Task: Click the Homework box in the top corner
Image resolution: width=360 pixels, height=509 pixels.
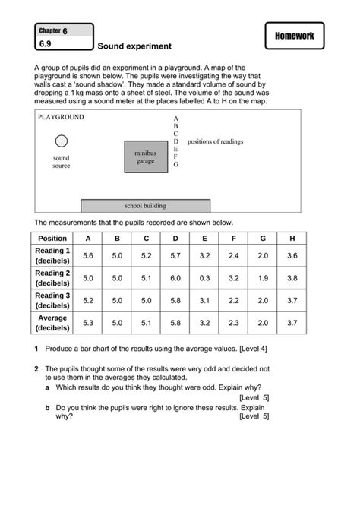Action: pyautogui.click(x=295, y=36)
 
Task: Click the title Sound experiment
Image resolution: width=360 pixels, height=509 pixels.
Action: pyautogui.click(x=134, y=46)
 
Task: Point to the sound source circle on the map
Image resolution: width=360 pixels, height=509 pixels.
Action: pyautogui.click(x=62, y=141)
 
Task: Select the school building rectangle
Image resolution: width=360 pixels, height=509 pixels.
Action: pyautogui.click(x=145, y=205)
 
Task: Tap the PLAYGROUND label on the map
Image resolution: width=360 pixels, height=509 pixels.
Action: pyautogui.click(x=62, y=117)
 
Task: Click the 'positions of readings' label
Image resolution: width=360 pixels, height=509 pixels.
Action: pyautogui.click(x=215, y=141)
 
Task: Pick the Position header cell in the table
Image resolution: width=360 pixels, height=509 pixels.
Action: pyautogui.click(x=52, y=238)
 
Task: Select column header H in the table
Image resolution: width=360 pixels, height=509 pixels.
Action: pyautogui.click(x=292, y=238)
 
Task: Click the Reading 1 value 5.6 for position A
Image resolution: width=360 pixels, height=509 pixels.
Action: pyautogui.click(x=87, y=255)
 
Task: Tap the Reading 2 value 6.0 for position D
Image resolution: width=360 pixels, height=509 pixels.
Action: pyautogui.click(x=175, y=278)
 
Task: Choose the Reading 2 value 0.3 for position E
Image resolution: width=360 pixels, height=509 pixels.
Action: pyautogui.click(x=204, y=278)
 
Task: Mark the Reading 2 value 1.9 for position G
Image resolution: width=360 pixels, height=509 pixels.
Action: pyautogui.click(x=263, y=278)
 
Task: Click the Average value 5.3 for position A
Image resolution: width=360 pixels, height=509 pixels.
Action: pyautogui.click(x=87, y=323)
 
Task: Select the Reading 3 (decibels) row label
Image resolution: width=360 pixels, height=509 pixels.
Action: pyautogui.click(x=52, y=300)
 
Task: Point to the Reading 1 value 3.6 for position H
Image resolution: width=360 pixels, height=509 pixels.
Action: pyautogui.click(x=292, y=255)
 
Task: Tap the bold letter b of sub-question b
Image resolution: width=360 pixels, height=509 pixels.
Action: pyautogui.click(x=47, y=407)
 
